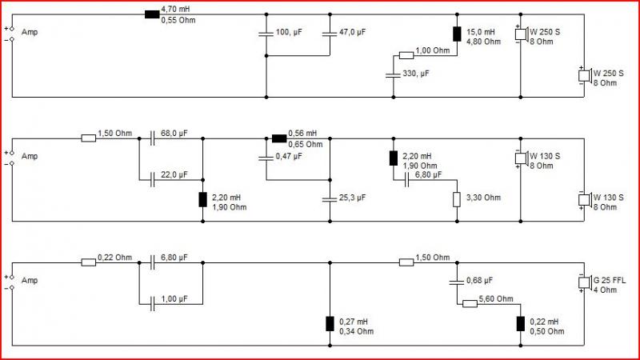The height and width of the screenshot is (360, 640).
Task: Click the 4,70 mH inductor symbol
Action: [x=152, y=14]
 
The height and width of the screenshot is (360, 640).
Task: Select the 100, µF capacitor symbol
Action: [x=266, y=34]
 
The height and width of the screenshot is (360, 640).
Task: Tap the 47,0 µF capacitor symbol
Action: [x=330, y=34]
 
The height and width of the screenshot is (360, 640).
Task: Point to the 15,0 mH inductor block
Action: [x=457, y=34]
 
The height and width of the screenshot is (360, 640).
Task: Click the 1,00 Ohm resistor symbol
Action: [x=406, y=55]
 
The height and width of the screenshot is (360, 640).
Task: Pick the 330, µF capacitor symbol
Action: [x=393, y=75]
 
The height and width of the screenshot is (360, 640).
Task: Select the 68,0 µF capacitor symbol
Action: [x=152, y=138]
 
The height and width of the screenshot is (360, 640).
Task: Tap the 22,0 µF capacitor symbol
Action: [x=152, y=179]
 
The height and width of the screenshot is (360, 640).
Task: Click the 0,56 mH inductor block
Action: [x=279, y=138]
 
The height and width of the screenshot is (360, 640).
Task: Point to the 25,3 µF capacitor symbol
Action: [x=330, y=199]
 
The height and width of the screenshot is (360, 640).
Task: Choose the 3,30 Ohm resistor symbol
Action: [x=457, y=199]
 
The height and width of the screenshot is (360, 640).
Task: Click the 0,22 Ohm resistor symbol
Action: [x=89, y=262]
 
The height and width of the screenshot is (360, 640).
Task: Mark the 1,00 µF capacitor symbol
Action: [x=152, y=304]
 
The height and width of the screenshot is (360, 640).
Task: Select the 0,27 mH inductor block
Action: [x=330, y=324]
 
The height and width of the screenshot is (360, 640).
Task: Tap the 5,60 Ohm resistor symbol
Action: [x=470, y=304]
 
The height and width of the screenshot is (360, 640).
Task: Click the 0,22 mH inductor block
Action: [x=521, y=324]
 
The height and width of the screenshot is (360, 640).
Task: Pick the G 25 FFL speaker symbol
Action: [x=585, y=282]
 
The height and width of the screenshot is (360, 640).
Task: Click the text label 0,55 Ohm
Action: [x=178, y=20]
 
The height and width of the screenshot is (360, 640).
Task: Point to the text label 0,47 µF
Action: [x=289, y=156]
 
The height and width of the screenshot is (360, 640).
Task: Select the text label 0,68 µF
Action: [x=479, y=281]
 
